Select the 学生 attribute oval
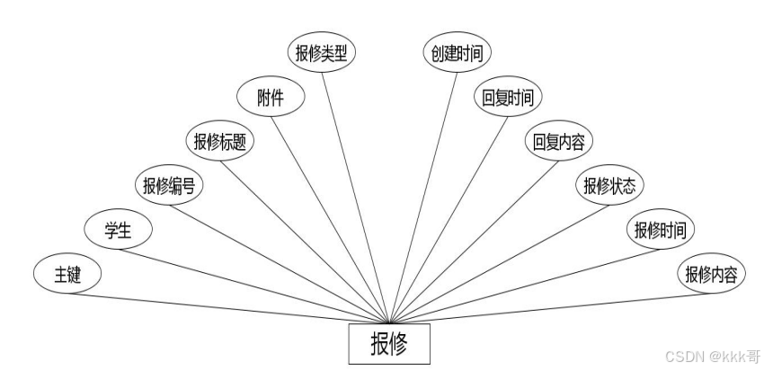pos(118,230)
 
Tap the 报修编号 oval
pos(169,186)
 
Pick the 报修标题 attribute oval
pos(220,142)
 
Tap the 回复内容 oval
pos(559,142)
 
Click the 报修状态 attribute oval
pos(609,186)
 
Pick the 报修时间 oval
pos(661,230)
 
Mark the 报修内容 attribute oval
pos(712,274)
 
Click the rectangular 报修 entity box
pos(389,343)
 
